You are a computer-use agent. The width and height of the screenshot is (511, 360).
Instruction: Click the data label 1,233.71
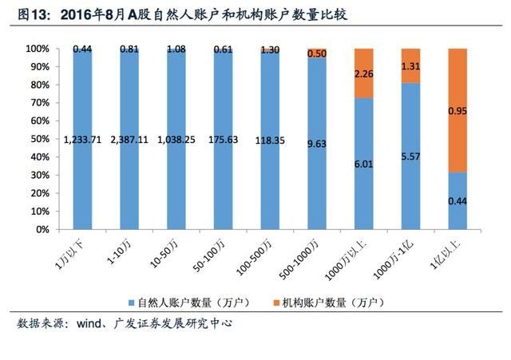click(x=82, y=140)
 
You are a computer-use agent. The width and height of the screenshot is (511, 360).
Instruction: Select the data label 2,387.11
click(x=129, y=140)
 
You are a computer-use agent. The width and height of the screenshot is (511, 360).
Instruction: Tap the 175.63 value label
click(x=224, y=140)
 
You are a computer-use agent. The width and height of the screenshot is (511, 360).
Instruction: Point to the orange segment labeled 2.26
click(x=364, y=73)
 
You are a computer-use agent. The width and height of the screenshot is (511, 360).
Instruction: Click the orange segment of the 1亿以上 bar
click(x=458, y=110)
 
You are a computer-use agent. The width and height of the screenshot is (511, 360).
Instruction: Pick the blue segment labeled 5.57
click(x=410, y=156)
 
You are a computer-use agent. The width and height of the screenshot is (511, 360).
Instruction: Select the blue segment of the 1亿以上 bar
click(x=458, y=200)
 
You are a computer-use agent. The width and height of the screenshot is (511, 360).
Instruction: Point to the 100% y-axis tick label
click(x=38, y=49)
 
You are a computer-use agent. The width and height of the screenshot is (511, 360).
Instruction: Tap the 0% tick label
click(x=42, y=229)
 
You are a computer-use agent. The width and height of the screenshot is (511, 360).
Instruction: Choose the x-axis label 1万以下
click(x=69, y=255)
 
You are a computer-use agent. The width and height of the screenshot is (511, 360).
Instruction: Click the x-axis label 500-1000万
click(x=299, y=259)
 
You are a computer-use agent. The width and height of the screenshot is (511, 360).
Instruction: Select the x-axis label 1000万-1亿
click(x=393, y=259)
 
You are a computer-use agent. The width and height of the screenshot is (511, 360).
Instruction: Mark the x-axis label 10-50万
click(x=164, y=254)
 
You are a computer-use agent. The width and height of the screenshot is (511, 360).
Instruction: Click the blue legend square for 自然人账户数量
click(x=131, y=303)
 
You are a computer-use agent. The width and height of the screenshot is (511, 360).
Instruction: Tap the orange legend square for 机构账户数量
click(x=276, y=303)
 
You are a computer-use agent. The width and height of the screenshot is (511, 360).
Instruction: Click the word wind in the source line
click(x=89, y=323)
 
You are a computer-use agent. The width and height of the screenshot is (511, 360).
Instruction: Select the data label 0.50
click(x=317, y=53)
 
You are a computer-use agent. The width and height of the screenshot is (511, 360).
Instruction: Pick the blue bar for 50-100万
click(x=224, y=140)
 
